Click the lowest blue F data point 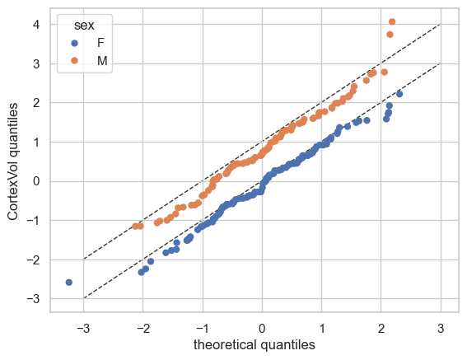coord(69,283)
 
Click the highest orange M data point coord(392,21)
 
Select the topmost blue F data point coord(399,94)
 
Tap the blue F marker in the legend coord(74,43)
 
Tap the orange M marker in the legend coord(74,60)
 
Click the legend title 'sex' coord(84,26)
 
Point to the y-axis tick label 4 coord(36,25)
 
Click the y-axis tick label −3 coord(33,298)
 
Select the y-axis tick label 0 coord(36,181)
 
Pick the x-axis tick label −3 coord(83,329)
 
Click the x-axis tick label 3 coord(441,329)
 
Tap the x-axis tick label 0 coord(262,329)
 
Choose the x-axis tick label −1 coord(203,329)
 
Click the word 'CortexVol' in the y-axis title coord(12,188)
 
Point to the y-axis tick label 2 coord(36,103)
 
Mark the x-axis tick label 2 coord(381,329)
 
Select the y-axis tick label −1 coord(33,220)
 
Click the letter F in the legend coord(100,43)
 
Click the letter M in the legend coord(102,61)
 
